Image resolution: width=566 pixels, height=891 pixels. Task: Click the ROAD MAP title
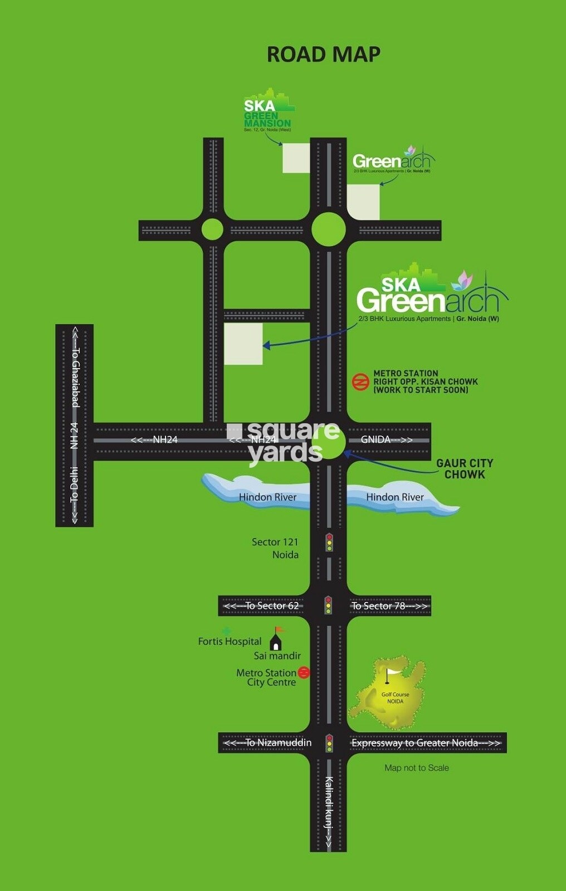324,55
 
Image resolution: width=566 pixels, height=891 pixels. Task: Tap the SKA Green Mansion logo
268,111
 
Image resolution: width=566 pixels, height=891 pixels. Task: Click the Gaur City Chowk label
465,469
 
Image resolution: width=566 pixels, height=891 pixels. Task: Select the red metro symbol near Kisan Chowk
361,382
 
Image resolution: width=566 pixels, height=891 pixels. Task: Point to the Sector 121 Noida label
276,548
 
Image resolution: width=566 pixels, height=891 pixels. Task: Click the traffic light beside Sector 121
329,542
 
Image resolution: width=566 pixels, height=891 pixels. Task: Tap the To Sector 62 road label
262,606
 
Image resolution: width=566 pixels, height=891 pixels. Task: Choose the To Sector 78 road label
389,606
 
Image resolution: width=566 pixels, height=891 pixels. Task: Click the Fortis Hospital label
230,642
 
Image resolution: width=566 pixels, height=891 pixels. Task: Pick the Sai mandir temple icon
276,639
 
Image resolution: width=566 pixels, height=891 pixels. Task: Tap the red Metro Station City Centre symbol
304,672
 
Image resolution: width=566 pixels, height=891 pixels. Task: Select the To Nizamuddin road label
268,743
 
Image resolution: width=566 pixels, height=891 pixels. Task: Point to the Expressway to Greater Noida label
426,743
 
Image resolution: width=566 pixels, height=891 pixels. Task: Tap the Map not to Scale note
416,768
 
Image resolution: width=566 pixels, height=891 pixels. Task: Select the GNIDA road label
386,439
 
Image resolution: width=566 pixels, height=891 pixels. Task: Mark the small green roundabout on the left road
212,229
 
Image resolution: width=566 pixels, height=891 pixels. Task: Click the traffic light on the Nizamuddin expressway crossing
329,743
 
